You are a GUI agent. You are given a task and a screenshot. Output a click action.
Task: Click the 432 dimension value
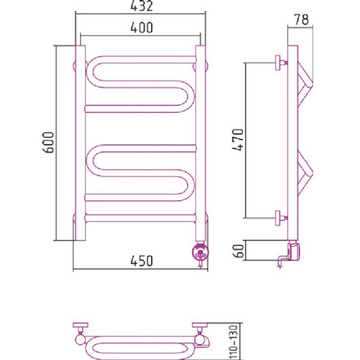tap(142, 6)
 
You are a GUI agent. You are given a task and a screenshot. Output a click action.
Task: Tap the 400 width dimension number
tap(142, 27)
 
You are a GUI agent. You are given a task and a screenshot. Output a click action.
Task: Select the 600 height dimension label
tap(48, 143)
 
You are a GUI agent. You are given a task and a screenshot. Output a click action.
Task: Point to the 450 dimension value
tap(142, 261)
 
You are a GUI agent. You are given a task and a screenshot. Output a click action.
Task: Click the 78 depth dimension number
tap(302, 19)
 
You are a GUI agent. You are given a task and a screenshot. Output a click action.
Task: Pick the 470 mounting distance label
tap(238, 140)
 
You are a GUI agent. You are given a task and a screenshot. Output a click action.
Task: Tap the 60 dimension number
tap(238, 251)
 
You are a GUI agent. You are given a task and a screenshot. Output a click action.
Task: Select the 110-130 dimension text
tap(234, 342)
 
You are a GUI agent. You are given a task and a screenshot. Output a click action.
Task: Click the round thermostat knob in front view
tap(200, 252)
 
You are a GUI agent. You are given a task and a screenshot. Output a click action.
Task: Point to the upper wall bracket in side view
tap(281, 63)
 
